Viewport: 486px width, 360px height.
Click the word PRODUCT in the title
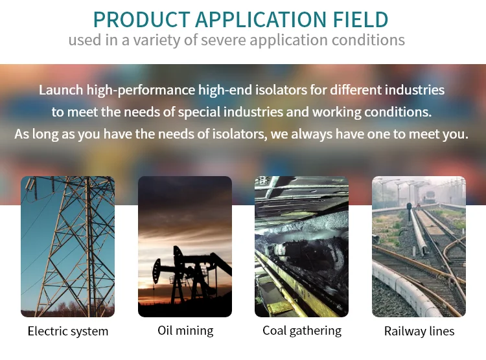click(141, 19)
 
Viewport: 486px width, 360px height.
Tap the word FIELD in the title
click(360, 19)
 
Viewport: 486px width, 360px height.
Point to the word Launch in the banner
click(61, 90)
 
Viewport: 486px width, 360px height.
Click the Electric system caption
click(68, 332)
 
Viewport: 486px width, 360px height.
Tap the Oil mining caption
click(185, 331)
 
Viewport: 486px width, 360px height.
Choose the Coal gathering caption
click(302, 331)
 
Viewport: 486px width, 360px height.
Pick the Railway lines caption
click(419, 332)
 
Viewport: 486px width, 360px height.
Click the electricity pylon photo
click(67, 247)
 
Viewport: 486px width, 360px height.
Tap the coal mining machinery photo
click(301, 247)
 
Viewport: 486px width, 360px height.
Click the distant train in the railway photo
click(430, 196)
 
